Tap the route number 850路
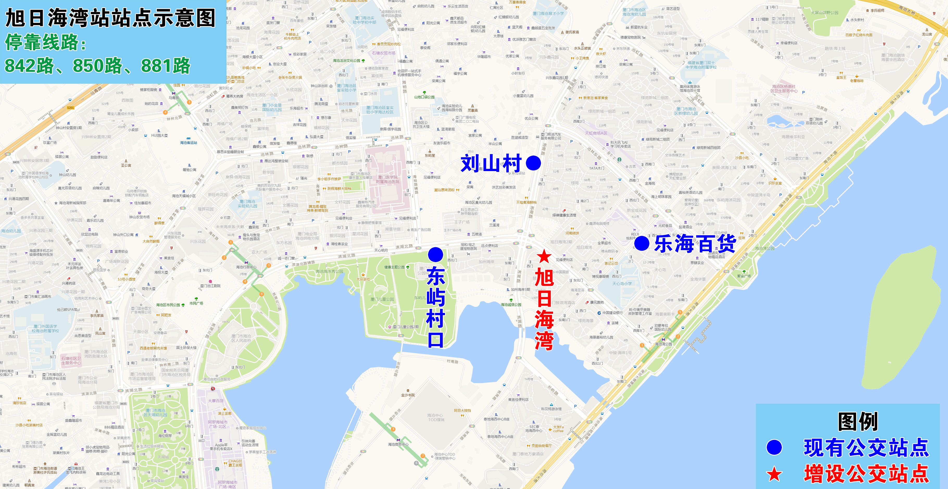coord(98,66)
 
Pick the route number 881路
coord(166,66)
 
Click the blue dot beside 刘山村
coord(533,163)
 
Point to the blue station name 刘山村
coord(491,163)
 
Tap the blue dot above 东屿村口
coord(435,254)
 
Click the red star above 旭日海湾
coord(544,256)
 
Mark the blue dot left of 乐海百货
coord(642,243)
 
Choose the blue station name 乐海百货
coord(695,244)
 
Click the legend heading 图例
coord(857,421)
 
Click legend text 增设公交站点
coord(866,474)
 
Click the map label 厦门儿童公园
coord(382,299)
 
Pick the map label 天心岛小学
coord(622,283)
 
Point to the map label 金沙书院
coord(408,395)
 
